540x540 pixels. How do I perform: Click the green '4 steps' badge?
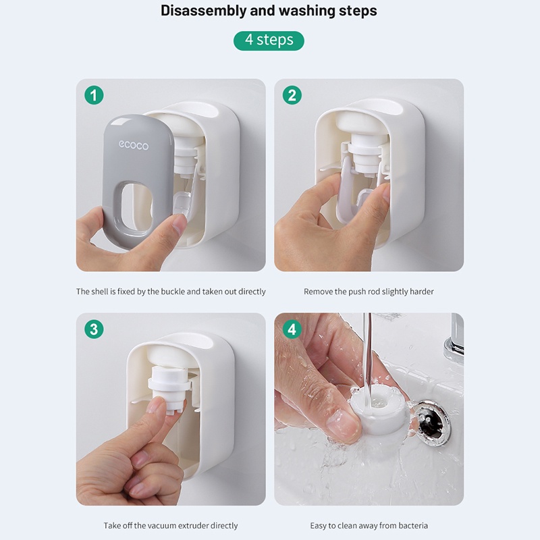(269, 40)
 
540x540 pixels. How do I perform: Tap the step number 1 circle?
(94, 95)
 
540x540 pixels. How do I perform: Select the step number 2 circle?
(292, 95)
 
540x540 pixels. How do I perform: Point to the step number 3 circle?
(94, 329)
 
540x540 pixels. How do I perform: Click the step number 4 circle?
(292, 329)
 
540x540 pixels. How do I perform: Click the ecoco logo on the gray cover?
(134, 145)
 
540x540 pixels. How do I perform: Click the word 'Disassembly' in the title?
(204, 11)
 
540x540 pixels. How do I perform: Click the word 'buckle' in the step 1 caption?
(173, 292)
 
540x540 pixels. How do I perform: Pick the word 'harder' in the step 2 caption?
(422, 292)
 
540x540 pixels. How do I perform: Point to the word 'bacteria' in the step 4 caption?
(413, 526)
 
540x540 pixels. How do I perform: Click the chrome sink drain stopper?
(431, 423)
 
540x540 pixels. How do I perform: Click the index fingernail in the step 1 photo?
(179, 224)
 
